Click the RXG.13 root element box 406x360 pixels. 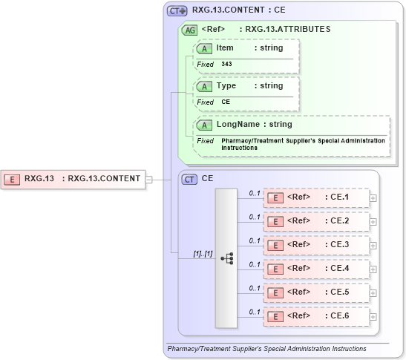(x=74, y=178)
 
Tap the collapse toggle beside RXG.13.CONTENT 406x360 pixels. (x=149, y=178)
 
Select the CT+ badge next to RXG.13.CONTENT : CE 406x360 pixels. (x=177, y=11)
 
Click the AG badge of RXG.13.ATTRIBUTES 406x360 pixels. (x=189, y=30)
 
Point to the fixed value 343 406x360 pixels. (x=226, y=65)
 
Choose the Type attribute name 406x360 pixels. (x=226, y=85)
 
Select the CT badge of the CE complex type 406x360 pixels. (x=190, y=179)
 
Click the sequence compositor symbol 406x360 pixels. (x=227, y=258)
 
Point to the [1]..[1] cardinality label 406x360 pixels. (x=203, y=253)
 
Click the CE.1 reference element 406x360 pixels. (x=317, y=197)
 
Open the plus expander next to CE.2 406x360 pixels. (x=373, y=221)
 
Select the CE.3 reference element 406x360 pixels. (x=317, y=244)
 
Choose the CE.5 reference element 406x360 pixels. (x=317, y=292)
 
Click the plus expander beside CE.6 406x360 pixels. (x=373, y=315)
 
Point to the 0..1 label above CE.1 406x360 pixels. (x=254, y=193)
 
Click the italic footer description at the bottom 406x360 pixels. (x=266, y=349)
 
